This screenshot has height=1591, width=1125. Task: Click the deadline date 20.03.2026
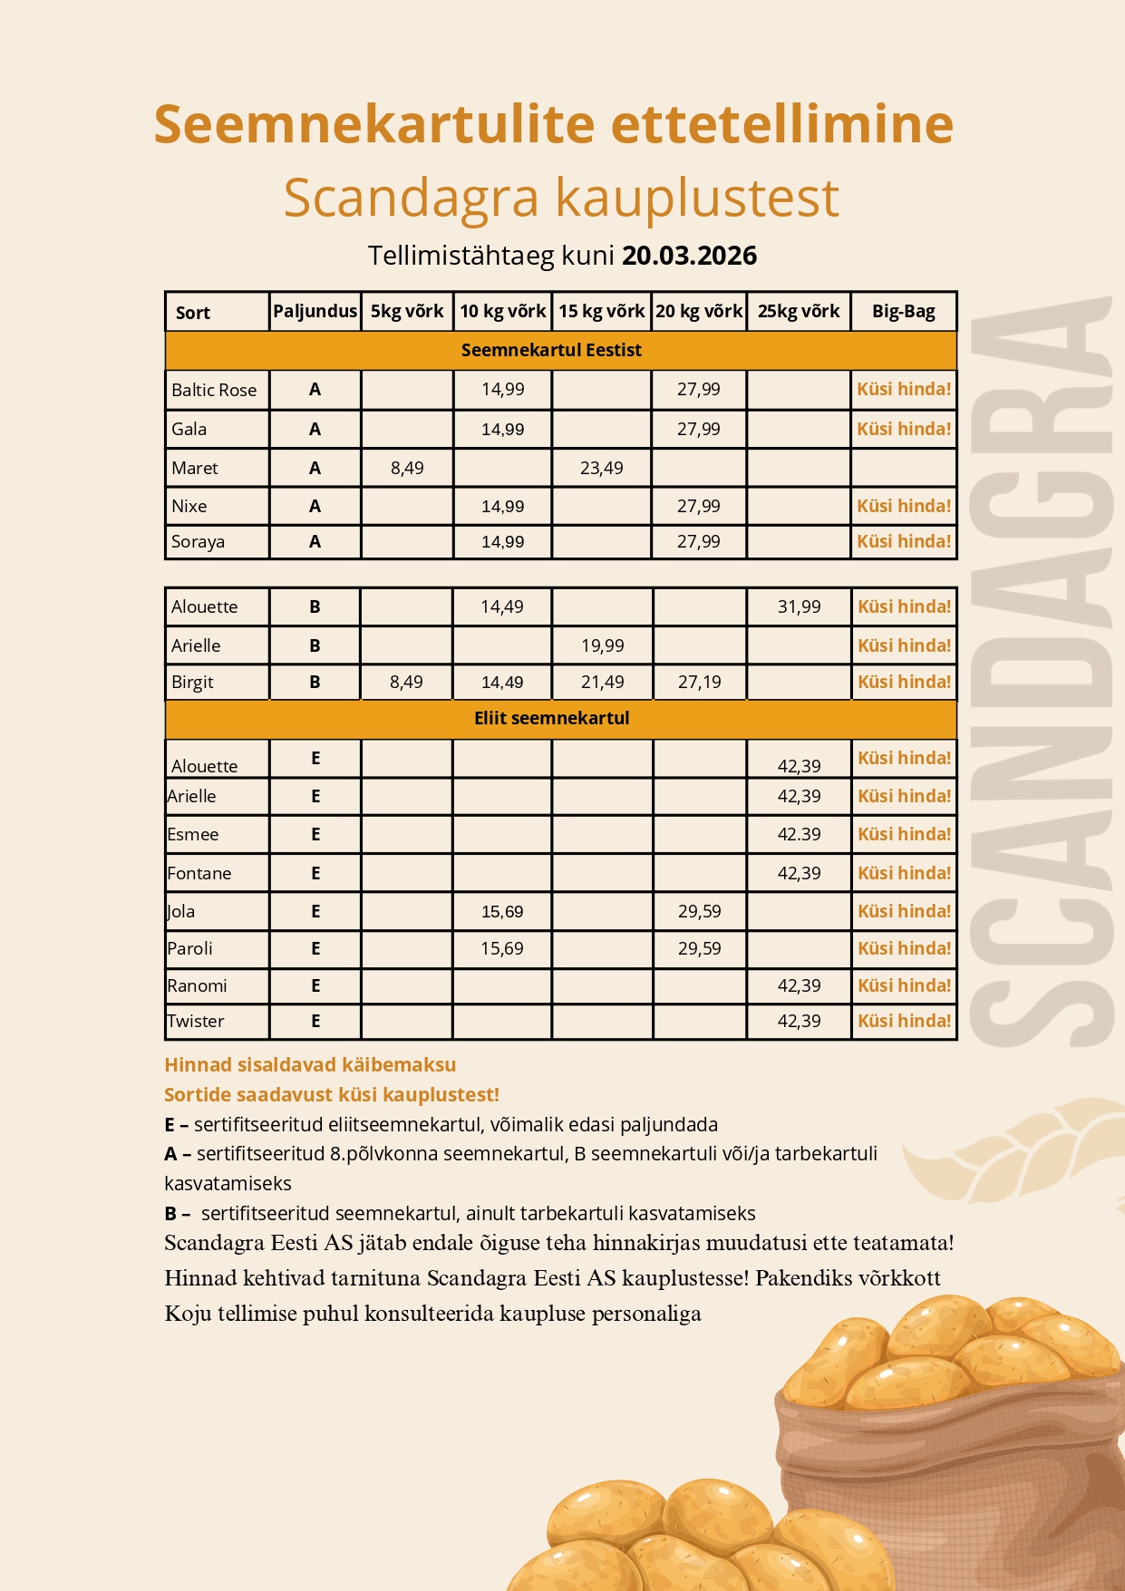[689, 256]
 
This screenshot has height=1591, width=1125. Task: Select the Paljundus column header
[315, 311]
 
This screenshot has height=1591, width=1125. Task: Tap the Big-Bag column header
[903, 311]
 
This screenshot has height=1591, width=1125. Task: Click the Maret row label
[195, 468]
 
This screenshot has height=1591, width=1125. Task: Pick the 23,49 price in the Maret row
[601, 468]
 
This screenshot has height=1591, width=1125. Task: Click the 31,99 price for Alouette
[799, 606]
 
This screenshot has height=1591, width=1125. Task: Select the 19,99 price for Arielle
[602, 645]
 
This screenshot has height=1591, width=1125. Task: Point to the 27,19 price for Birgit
[699, 682]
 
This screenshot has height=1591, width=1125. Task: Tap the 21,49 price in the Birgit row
[602, 682]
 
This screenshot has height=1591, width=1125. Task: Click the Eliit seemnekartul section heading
[551, 718]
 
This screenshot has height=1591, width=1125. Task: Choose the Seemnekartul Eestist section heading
[551, 350]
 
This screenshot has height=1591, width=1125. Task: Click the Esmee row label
[193, 834]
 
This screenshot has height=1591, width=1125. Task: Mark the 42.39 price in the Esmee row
[799, 834]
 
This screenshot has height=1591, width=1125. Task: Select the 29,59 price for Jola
[699, 911]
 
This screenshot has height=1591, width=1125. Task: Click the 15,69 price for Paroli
[501, 948]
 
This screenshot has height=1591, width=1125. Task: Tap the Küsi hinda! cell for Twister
[904, 1021]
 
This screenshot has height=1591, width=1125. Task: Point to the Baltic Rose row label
[214, 390]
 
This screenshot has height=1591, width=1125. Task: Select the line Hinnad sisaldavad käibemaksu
[310, 1064]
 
